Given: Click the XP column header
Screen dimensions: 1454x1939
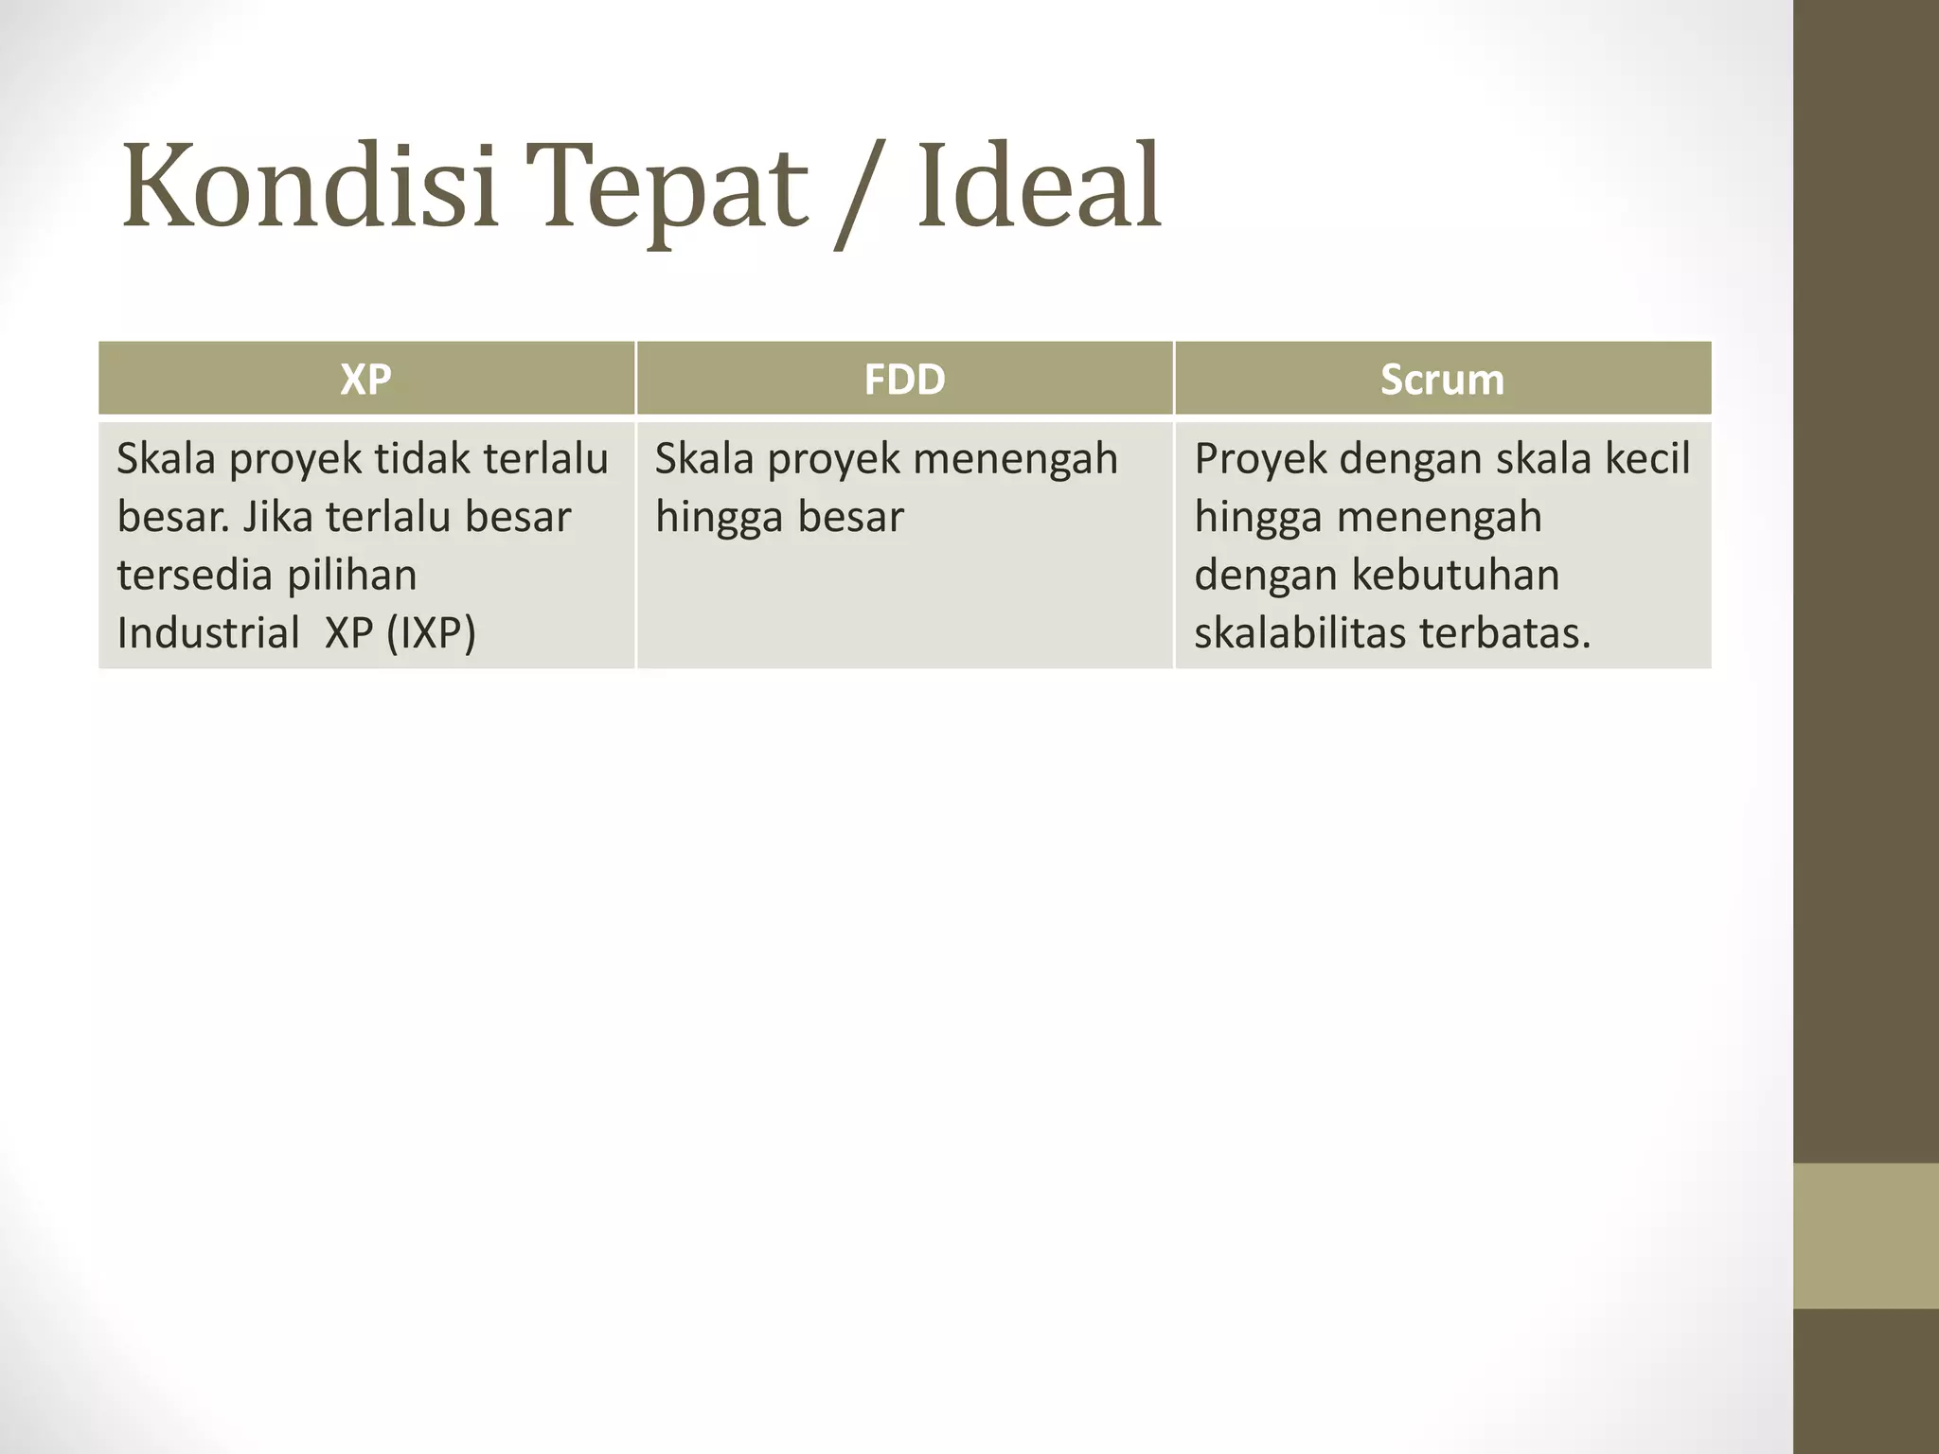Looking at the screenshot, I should (x=365, y=380).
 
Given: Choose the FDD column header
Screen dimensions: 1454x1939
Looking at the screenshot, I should (x=904, y=380).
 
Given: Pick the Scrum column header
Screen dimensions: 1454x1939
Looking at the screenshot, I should (x=1442, y=380).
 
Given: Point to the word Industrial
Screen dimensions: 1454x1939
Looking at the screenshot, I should (x=208, y=632).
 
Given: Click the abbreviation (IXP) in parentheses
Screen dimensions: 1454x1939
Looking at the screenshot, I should (x=431, y=633).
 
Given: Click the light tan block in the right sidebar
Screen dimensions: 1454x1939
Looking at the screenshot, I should (x=1865, y=1235).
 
